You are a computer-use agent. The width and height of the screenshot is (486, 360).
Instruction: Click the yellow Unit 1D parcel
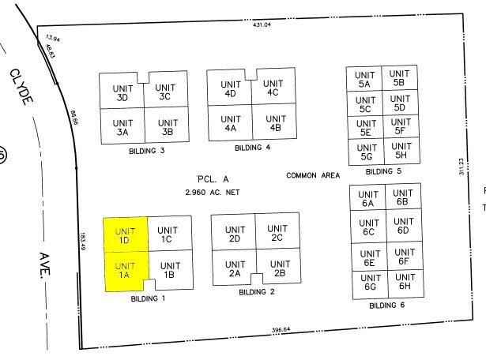click(125, 234)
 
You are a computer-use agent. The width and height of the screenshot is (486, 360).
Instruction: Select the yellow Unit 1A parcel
click(125, 269)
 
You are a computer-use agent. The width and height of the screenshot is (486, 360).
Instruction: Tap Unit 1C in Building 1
click(167, 234)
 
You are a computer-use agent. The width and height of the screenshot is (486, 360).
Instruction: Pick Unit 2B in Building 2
click(279, 268)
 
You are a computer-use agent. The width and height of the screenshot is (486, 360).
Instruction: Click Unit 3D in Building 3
click(122, 92)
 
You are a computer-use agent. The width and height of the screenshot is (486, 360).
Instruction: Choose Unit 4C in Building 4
click(273, 88)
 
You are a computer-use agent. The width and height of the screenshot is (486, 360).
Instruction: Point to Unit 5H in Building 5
click(401, 150)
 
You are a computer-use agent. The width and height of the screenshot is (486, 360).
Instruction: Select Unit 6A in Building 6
click(367, 199)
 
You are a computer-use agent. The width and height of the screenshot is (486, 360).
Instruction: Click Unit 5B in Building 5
click(398, 77)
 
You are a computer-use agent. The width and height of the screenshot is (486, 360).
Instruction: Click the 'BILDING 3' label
click(145, 150)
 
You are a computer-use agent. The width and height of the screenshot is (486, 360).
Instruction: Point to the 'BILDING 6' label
click(388, 305)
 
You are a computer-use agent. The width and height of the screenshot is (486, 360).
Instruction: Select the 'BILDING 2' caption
click(256, 292)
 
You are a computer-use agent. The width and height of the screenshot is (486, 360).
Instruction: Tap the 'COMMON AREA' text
click(312, 175)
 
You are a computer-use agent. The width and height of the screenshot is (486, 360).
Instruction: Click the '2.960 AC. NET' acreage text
click(212, 192)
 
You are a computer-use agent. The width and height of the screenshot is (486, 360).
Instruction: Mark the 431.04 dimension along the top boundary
click(262, 25)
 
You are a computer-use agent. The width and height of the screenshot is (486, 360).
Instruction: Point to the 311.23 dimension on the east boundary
click(462, 167)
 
